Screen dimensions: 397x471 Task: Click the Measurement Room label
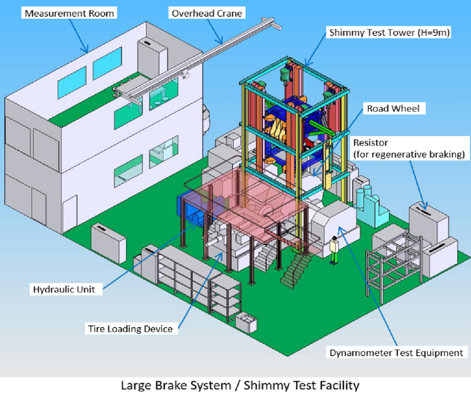(x=69, y=13)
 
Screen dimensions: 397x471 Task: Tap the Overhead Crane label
(x=206, y=13)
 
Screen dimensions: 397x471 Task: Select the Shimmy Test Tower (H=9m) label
(x=389, y=32)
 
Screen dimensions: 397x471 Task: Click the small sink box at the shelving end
(x=246, y=322)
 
